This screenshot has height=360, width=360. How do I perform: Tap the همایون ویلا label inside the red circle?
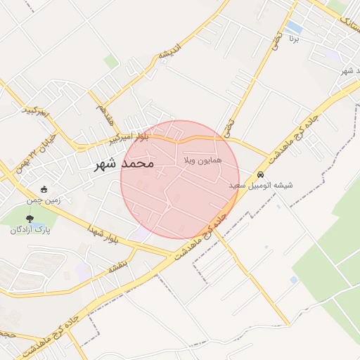pos(202,161)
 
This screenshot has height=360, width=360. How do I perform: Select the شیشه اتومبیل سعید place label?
pos(261,185)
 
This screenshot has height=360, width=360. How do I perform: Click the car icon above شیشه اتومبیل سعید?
pos(260,174)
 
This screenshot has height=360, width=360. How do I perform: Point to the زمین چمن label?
pos(44,200)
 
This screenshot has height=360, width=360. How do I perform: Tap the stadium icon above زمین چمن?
pos(44,189)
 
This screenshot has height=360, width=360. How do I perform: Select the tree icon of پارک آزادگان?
pos(29,218)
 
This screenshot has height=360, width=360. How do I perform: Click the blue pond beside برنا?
pos(294,27)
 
